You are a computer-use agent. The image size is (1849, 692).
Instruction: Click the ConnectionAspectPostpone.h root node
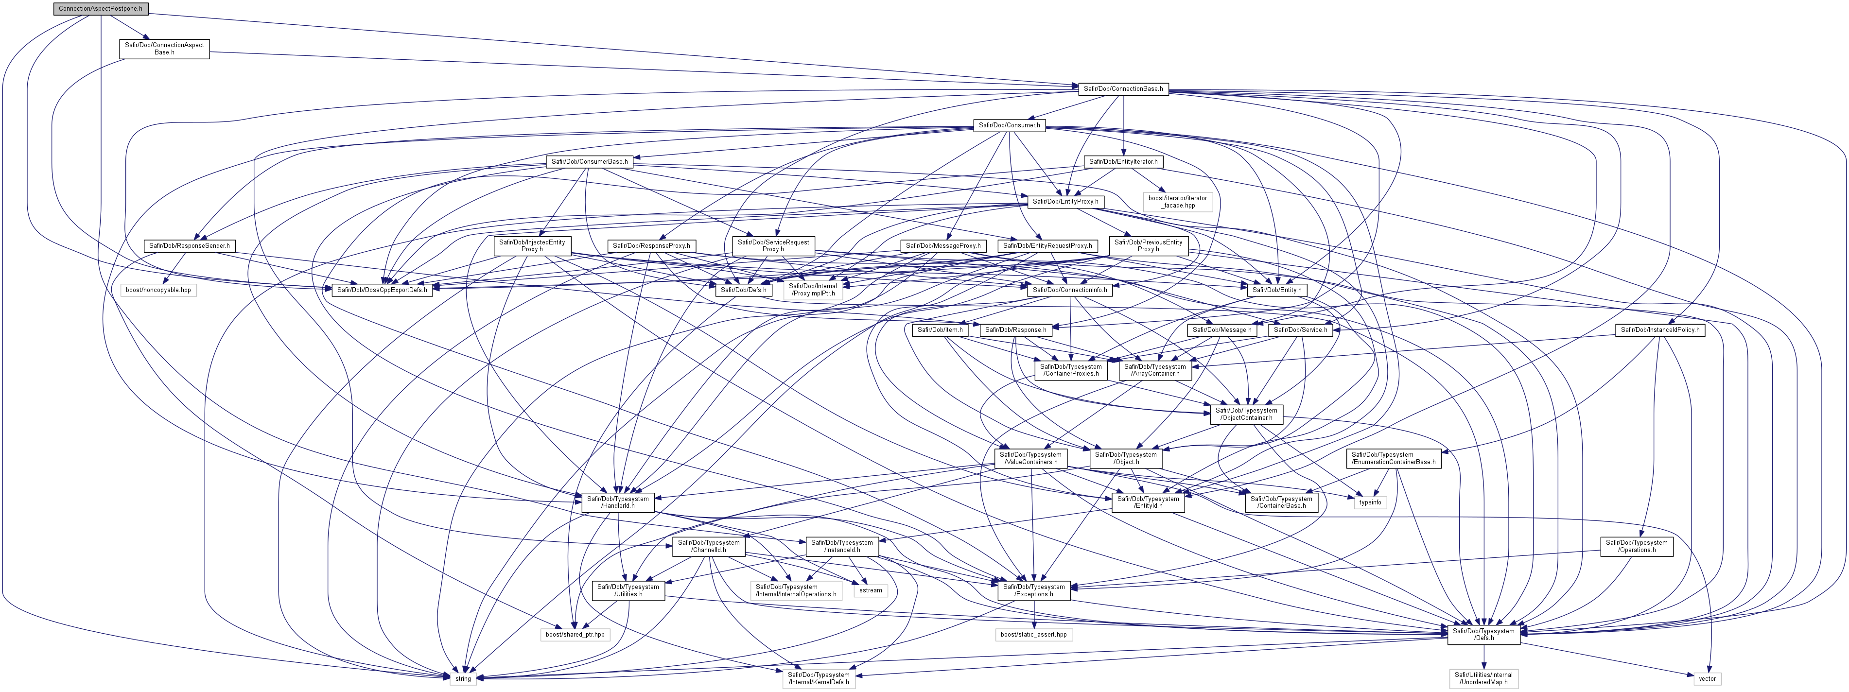point(101,9)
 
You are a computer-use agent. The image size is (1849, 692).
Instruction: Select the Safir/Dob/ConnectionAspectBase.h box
point(164,49)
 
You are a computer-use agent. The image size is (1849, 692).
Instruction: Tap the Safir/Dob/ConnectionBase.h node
point(1123,89)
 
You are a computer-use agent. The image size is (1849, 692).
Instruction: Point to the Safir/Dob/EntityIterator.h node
point(1123,161)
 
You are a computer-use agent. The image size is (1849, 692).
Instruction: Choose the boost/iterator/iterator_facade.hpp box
point(1178,202)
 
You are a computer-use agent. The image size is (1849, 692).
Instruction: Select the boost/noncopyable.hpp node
point(158,290)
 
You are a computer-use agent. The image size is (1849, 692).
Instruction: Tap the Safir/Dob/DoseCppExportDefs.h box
point(381,290)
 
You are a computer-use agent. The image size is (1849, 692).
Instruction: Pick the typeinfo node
point(1370,502)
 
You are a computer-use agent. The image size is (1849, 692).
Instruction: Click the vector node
point(1707,678)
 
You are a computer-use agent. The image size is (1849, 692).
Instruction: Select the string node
point(463,678)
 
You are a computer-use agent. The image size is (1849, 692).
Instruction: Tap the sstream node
point(870,590)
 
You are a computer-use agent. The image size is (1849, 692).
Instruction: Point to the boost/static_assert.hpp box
point(1033,635)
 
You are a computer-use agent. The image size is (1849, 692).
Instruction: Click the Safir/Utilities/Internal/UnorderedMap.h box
point(1483,678)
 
